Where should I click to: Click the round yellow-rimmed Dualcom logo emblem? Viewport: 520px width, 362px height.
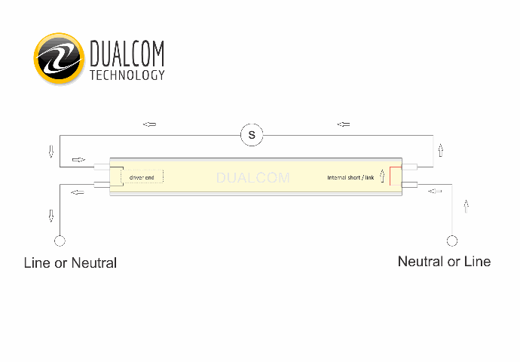click(x=59, y=58)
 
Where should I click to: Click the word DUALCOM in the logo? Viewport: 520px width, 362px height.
click(x=127, y=53)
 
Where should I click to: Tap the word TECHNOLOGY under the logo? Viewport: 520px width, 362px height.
click(x=127, y=75)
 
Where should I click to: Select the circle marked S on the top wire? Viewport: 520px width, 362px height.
click(x=252, y=135)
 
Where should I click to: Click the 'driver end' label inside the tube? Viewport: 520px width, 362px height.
click(x=142, y=177)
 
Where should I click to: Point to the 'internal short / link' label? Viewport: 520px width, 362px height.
click(x=350, y=177)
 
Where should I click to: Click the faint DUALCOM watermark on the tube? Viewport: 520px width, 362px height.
click(x=253, y=178)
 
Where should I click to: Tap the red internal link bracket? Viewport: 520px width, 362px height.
click(x=396, y=176)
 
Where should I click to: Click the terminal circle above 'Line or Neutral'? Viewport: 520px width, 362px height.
click(x=60, y=241)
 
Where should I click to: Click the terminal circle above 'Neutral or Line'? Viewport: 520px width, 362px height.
click(x=452, y=241)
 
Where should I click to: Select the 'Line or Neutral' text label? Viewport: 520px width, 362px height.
click(x=70, y=262)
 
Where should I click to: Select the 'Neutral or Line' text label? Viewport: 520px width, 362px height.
click(x=444, y=262)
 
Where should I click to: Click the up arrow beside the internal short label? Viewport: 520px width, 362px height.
click(x=382, y=176)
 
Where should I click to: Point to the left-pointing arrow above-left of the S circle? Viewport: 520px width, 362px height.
click(x=149, y=124)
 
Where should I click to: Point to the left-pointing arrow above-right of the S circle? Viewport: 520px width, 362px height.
click(x=344, y=124)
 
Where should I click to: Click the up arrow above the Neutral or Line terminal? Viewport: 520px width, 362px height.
click(x=466, y=207)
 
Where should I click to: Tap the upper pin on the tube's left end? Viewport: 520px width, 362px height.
click(x=102, y=167)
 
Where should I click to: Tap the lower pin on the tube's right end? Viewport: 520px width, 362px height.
click(x=409, y=185)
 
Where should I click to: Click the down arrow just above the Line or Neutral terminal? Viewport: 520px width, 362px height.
click(x=51, y=216)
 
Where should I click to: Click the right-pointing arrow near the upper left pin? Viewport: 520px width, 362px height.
click(x=78, y=160)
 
